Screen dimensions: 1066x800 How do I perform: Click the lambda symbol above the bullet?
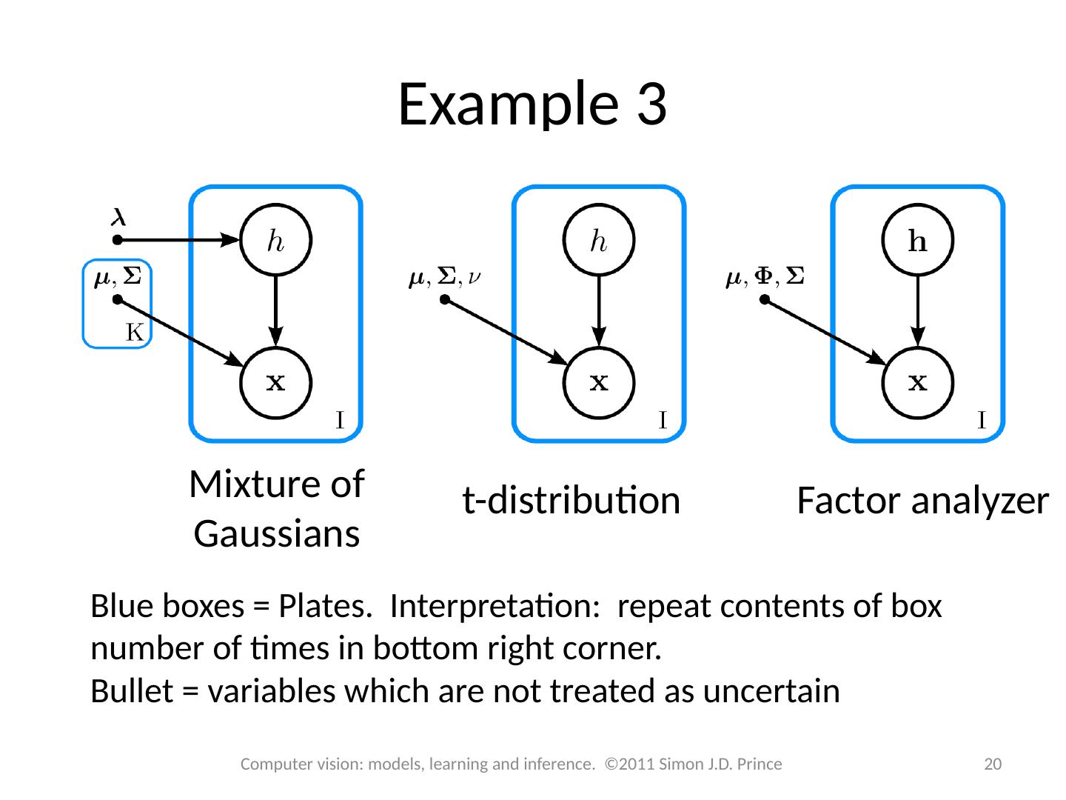coord(118,216)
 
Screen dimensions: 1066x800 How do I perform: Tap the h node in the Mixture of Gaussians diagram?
coord(275,240)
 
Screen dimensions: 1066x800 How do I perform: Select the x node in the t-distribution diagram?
coord(598,383)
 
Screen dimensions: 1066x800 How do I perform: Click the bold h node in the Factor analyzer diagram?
coord(917,240)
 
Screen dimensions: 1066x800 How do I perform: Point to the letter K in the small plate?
coord(135,333)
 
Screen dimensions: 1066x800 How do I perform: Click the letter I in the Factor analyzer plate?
coord(981,420)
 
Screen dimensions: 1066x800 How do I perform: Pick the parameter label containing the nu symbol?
coord(444,277)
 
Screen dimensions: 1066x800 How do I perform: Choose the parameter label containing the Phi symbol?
coord(765,277)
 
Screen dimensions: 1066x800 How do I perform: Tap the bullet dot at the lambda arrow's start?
coord(117,240)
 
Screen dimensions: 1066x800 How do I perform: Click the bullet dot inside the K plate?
coord(117,300)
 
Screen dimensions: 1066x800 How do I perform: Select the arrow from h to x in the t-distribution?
coord(598,311)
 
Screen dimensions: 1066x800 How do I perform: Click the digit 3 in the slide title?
coord(651,104)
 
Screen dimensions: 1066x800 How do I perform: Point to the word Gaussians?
coord(276,534)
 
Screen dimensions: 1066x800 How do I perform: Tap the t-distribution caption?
coord(571,501)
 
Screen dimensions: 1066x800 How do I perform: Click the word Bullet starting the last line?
coord(132,690)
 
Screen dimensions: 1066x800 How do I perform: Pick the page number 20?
coord(992,764)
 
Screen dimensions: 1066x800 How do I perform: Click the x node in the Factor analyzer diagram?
coord(917,383)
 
